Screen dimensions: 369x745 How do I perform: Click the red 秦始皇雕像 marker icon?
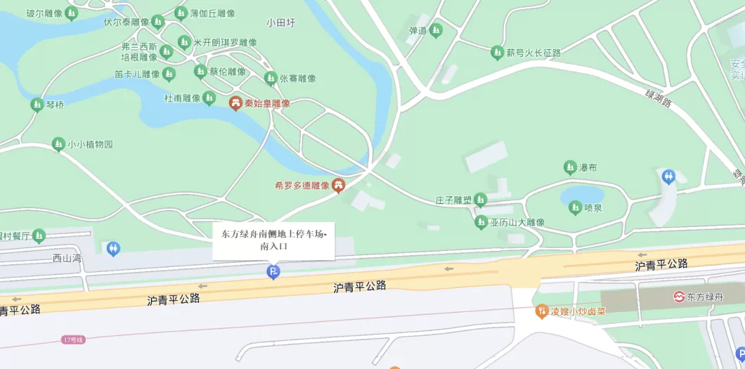pos(235,103)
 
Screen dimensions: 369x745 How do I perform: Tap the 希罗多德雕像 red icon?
pos(338,186)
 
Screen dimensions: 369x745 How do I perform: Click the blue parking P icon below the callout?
pos(273,272)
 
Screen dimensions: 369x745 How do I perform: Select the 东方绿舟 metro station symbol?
pos(680,297)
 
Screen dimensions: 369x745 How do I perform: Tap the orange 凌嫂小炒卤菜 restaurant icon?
pos(541,311)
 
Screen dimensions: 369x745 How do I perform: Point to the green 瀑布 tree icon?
pos(570,167)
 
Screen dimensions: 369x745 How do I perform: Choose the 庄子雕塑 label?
pos(453,200)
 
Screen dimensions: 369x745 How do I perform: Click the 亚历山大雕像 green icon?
pos(481,222)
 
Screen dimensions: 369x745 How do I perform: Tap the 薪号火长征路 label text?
pos(533,53)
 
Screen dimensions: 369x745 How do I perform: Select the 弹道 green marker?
pos(436,30)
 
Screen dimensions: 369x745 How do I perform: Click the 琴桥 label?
pos(55,105)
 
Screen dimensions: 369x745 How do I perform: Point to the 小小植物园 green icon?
pos(58,144)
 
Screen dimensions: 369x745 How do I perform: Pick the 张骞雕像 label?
pos(297,79)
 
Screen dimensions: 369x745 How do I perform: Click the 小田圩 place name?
pos(281,22)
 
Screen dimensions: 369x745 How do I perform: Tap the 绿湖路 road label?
pos(659,98)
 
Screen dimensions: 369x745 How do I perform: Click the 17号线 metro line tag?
pos(73,339)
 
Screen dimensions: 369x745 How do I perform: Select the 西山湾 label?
pos(67,258)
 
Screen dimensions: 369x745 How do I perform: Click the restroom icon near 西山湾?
pos(113,248)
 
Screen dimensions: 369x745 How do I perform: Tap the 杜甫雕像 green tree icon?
pos(209,98)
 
